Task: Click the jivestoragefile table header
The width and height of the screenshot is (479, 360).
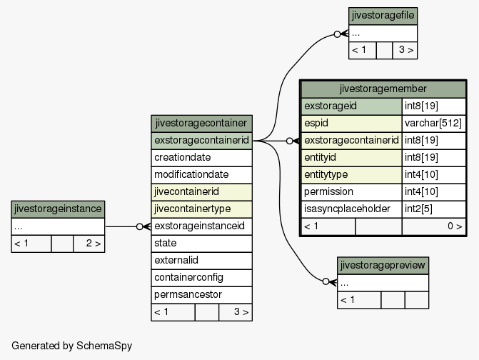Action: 383,16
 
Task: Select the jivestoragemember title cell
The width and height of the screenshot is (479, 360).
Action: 383,89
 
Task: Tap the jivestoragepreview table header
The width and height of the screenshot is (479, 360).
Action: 383,265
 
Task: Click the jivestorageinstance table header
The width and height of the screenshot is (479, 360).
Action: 58,209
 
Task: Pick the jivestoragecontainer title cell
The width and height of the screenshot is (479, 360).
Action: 201,124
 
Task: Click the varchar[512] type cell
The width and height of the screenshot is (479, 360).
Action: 433,124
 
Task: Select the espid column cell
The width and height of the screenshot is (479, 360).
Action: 352,124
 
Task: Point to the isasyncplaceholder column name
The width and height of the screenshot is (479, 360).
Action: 347,209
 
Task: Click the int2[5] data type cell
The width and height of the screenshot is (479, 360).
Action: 433,209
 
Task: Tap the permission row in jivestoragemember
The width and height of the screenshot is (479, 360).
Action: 383,192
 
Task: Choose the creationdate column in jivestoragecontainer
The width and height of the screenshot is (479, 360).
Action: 201,158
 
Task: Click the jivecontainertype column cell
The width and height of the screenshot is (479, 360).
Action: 201,209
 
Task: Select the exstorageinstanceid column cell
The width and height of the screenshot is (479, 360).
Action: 201,226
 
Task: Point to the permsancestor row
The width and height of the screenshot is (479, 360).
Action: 201,294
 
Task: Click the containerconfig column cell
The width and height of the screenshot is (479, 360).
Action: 201,277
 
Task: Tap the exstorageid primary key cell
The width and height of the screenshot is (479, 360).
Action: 352,106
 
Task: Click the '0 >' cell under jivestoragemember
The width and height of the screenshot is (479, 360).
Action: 433,226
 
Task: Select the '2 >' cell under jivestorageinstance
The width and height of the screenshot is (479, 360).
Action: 89,244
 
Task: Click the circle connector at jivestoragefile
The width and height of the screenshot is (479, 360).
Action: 337,34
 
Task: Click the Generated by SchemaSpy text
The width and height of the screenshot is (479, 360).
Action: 72,346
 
